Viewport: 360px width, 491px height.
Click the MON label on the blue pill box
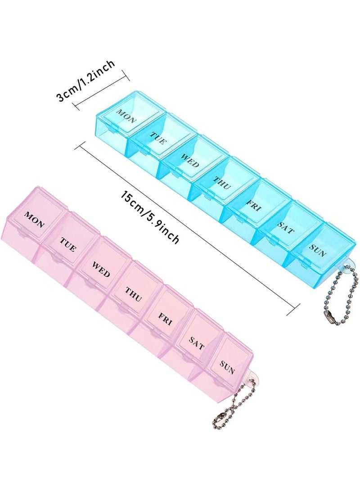point(126,115)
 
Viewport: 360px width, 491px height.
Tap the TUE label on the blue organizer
point(158,137)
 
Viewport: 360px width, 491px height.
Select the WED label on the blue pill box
point(190,160)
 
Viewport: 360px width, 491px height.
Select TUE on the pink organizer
point(67,243)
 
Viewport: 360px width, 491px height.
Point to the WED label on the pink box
point(101,268)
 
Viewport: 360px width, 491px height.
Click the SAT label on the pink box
point(197,344)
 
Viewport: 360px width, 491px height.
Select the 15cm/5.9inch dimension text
point(150,217)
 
